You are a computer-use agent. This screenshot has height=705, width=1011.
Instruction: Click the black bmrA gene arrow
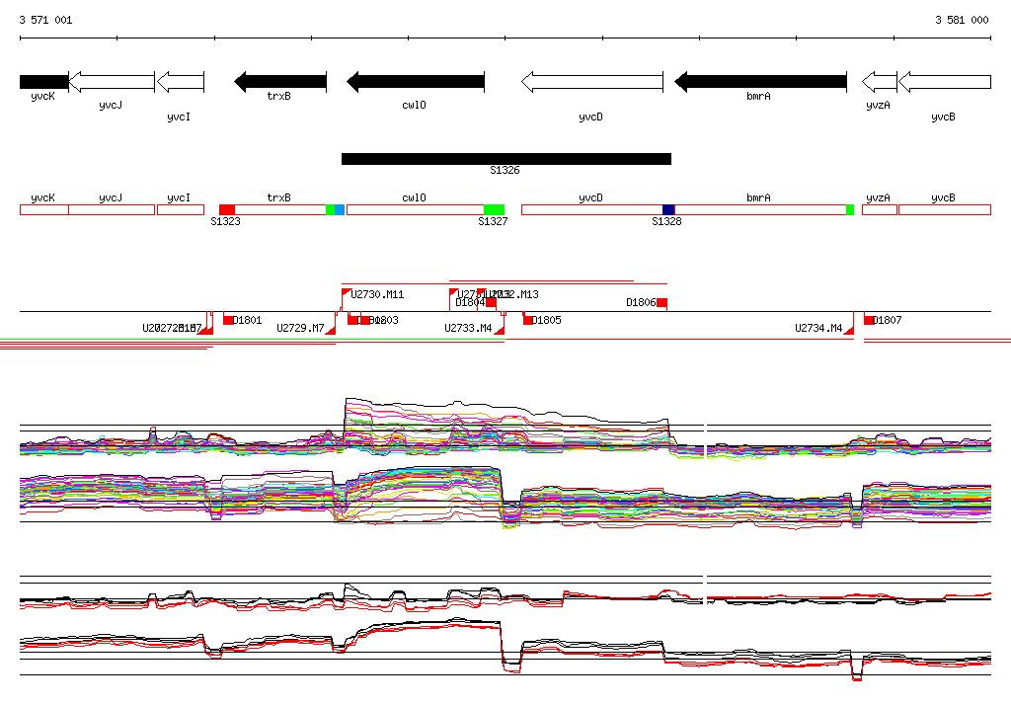[760, 82]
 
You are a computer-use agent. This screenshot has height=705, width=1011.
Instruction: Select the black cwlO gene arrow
[416, 82]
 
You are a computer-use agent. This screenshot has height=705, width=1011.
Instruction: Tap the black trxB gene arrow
[280, 82]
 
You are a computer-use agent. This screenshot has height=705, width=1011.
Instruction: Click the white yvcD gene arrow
[592, 82]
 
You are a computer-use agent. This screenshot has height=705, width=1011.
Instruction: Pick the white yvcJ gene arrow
[110, 82]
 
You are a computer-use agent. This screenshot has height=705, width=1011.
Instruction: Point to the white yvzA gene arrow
[879, 82]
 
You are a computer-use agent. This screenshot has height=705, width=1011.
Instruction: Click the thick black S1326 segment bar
[505, 159]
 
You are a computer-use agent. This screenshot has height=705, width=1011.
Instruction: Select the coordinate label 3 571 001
[45, 20]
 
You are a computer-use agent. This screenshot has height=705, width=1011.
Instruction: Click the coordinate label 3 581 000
[962, 20]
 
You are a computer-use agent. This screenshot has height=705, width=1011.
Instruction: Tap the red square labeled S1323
[227, 209]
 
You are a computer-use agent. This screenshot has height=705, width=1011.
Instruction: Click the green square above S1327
[494, 209]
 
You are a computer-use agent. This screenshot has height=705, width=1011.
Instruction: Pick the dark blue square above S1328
[668, 209]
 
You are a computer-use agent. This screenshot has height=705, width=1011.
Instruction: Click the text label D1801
[248, 320]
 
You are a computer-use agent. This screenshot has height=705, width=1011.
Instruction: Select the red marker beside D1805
[528, 320]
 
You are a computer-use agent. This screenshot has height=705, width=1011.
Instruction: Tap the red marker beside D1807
[869, 320]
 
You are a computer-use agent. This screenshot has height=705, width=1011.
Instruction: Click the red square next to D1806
[662, 302]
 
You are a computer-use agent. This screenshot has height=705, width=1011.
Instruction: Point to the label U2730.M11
[378, 294]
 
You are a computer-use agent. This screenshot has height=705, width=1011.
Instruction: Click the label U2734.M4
[818, 328]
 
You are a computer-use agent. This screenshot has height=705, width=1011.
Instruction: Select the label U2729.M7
[300, 328]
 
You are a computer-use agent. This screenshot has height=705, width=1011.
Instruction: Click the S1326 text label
[505, 171]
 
